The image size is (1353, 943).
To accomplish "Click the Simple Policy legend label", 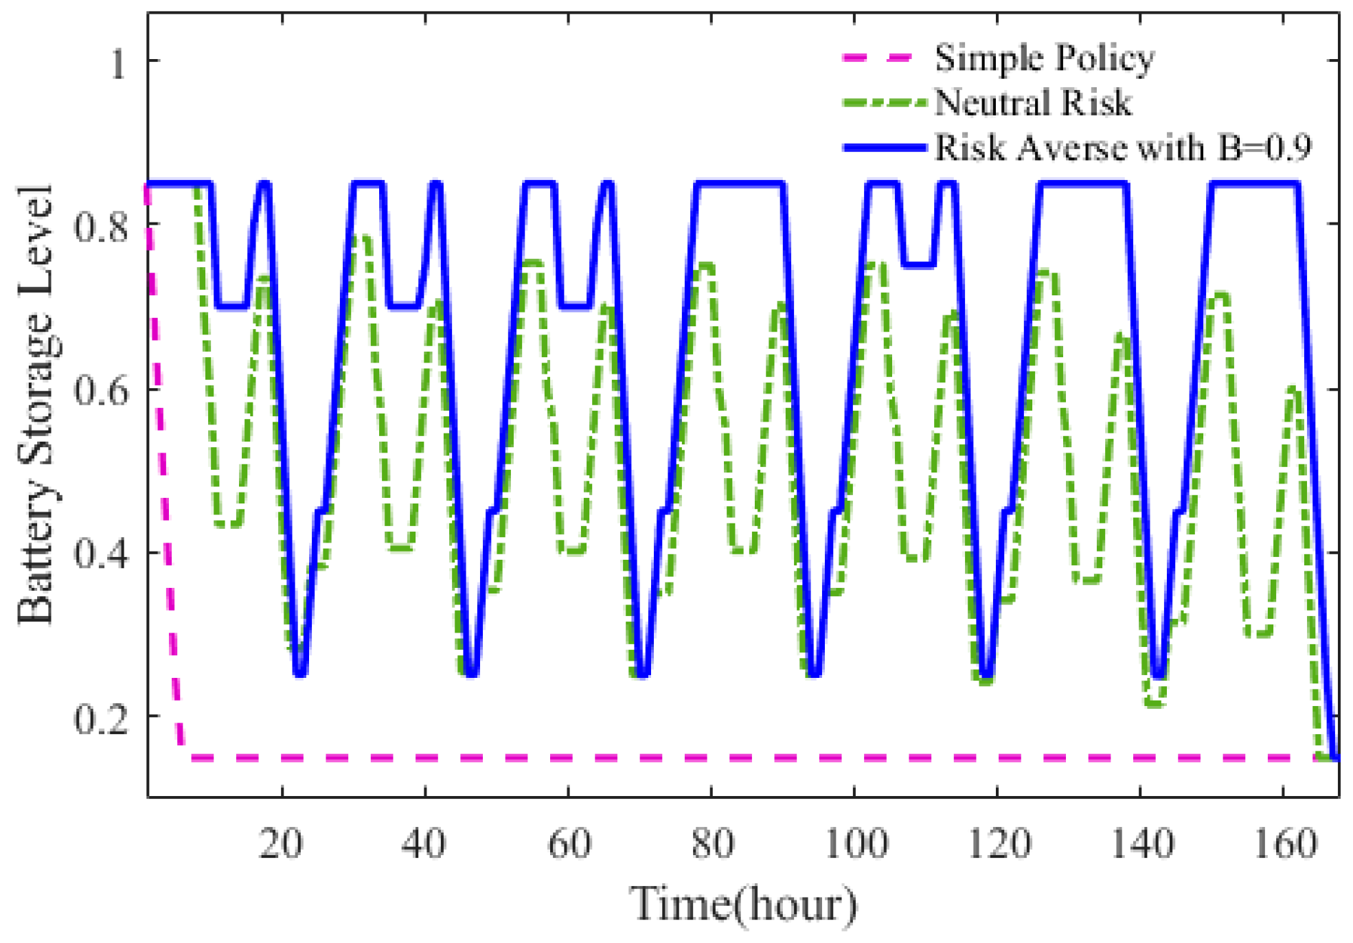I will click(x=1044, y=58).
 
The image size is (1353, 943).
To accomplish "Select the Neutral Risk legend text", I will click(x=1032, y=103).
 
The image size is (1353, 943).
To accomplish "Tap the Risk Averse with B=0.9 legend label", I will click(x=1123, y=148).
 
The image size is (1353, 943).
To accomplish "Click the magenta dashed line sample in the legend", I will click(x=878, y=58).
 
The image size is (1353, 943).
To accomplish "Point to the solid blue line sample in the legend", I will click(x=885, y=148).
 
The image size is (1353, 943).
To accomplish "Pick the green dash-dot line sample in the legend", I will click(x=885, y=103).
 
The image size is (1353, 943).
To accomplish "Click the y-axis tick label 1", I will click(x=118, y=64).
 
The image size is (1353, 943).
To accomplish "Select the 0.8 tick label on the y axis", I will click(x=101, y=226).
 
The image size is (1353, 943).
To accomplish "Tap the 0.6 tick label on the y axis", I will click(x=101, y=390).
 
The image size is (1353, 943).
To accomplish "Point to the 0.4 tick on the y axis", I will click(x=101, y=554).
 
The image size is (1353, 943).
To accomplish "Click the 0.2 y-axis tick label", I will click(x=101, y=718).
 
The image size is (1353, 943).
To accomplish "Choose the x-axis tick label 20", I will click(x=281, y=843).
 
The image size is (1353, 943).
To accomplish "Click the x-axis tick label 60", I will click(x=569, y=843).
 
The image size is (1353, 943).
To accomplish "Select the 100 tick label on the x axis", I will click(x=856, y=843).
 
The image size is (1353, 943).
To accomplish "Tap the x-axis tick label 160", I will click(x=1285, y=843).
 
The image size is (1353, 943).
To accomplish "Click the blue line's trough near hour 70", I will click(x=642, y=673).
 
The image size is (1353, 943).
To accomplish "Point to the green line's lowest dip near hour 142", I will click(x=1155, y=703).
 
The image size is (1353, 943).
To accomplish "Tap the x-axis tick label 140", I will click(x=1141, y=843).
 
